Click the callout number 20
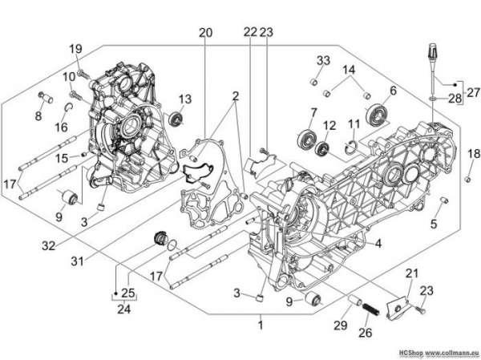pos(205,33)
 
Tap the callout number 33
pos(323,60)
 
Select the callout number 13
pos(185,99)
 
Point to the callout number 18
pos(475,153)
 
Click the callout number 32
pos(48,245)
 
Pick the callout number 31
pos(77,261)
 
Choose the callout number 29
pos(341,326)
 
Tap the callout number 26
pos(366,333)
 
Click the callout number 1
pos(261,326)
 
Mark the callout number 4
pos(378,244)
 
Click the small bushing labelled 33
pos(313,83)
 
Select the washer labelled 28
pos(432,99)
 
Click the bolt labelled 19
pos(83,73)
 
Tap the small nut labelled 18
pos(468,180)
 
